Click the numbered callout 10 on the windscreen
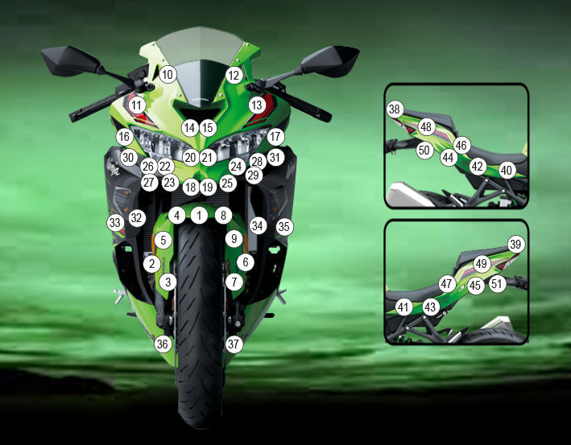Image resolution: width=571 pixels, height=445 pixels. [x=168, y=75]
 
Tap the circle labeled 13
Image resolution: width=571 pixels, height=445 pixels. [x=257, y=105]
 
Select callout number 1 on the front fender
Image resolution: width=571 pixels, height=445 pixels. [x=199, y=216]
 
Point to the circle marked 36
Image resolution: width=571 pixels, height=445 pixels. [x=163, y=344]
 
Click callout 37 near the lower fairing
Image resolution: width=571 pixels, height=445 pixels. [x=234, y=344]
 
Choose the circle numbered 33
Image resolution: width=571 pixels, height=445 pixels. [x=115, y=222]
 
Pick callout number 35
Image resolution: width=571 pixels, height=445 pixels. [x=284, y=227]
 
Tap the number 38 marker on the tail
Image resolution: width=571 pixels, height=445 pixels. [x=395, y=109]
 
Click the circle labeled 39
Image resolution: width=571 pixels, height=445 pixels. [x=515, y=244]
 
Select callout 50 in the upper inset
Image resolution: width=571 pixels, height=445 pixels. [x=424, y=150]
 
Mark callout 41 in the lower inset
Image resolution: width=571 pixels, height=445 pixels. [x=403, y=307]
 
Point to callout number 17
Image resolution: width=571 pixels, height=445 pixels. [x=275, y=137]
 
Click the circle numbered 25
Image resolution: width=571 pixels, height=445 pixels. [x=228, y=183]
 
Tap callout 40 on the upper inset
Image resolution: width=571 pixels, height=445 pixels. [x=507, y=170]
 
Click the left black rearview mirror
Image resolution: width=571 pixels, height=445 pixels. [x=71, y=61]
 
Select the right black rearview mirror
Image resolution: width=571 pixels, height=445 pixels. [x=329, y=61]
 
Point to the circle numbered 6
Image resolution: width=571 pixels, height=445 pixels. [x=246, y=262]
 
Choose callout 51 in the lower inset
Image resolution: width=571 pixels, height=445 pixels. [x=497, y=283]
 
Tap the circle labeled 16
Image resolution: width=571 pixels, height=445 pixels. [x=125, y=137]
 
